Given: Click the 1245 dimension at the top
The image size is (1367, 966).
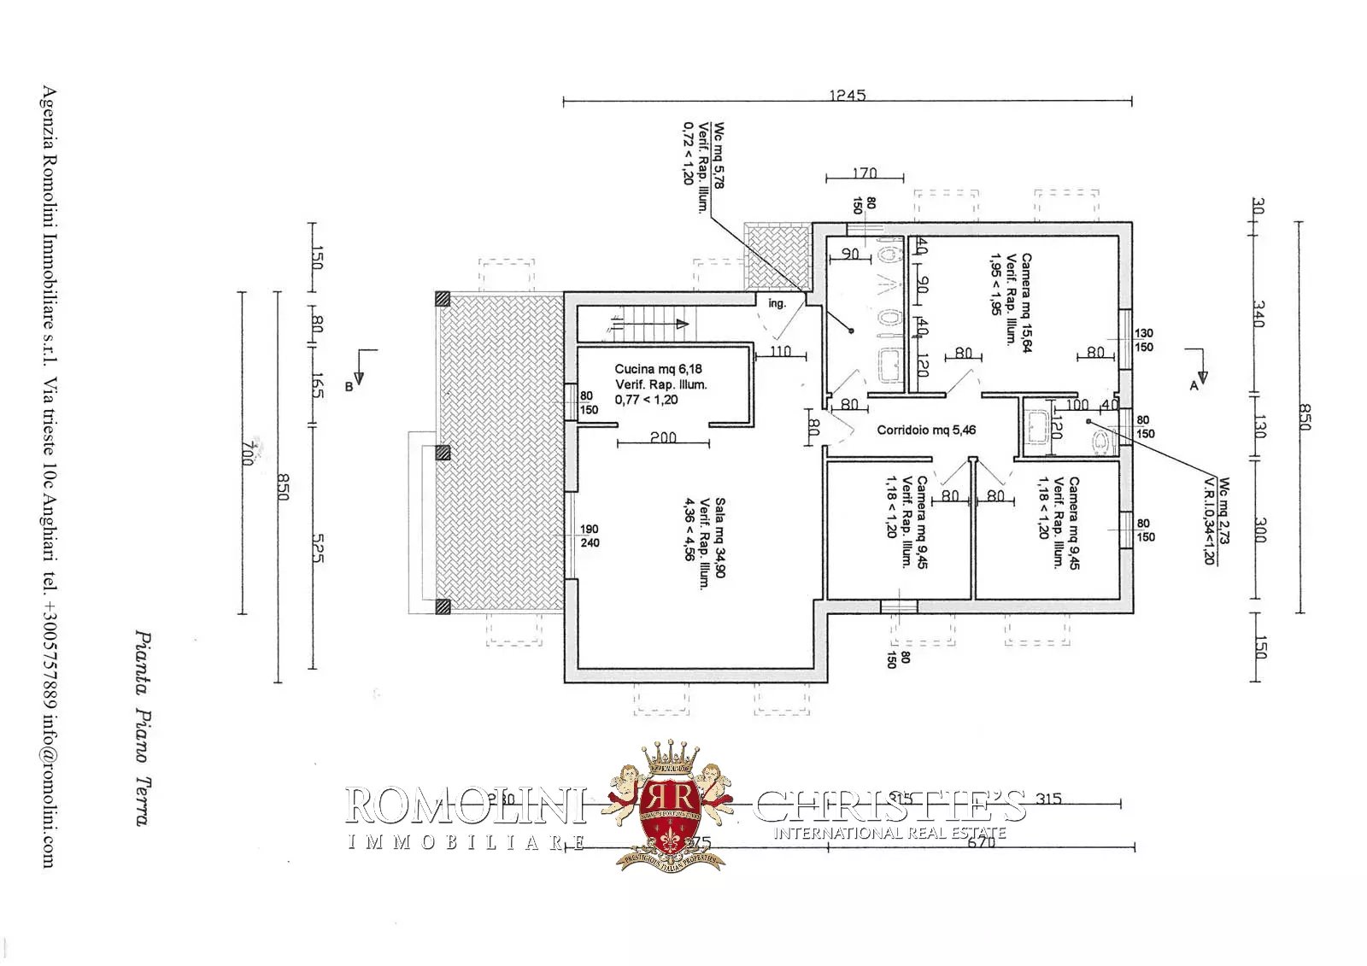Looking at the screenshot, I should pos(847,95).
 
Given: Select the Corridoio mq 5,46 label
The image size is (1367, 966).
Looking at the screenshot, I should pos(926,430).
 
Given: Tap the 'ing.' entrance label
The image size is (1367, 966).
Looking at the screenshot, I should pos(777,303).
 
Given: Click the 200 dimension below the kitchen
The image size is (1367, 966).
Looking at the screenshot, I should pos(663,437).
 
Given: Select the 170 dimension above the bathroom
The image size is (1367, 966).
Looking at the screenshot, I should pos(865,173).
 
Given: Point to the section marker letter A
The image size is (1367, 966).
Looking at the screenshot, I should pos(1194,386).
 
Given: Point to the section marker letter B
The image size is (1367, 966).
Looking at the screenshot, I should pos(349,387).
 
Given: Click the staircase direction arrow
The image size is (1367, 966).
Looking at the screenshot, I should pos(681,324).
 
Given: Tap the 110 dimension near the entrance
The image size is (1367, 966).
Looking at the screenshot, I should pos(780,351).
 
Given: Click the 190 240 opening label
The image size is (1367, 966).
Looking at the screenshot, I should pos(590,536).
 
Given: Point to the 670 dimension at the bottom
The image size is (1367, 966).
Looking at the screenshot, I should pos(983,841).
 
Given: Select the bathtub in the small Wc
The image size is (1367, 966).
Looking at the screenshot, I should pos(1037,425).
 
